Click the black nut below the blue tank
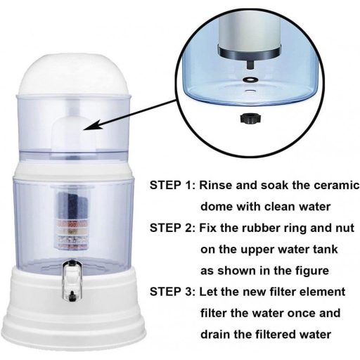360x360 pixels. pyautogui.click(x=250, y=118)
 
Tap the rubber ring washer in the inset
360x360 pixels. pyautogui.click(x=250, y=79)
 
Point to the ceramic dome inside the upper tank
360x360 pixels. pyautogui.click(x=75, y=133)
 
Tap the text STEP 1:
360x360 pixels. pyautogui.click(x=172, y=186)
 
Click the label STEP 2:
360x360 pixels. pyautogui.click(x=172, y=228)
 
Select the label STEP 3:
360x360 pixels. pyautogui.click(x=172, y=292)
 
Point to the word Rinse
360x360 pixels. pyautogui.click(x=216, y=186)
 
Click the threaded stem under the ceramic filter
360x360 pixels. pyautogui.click(x=250, y=64)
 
